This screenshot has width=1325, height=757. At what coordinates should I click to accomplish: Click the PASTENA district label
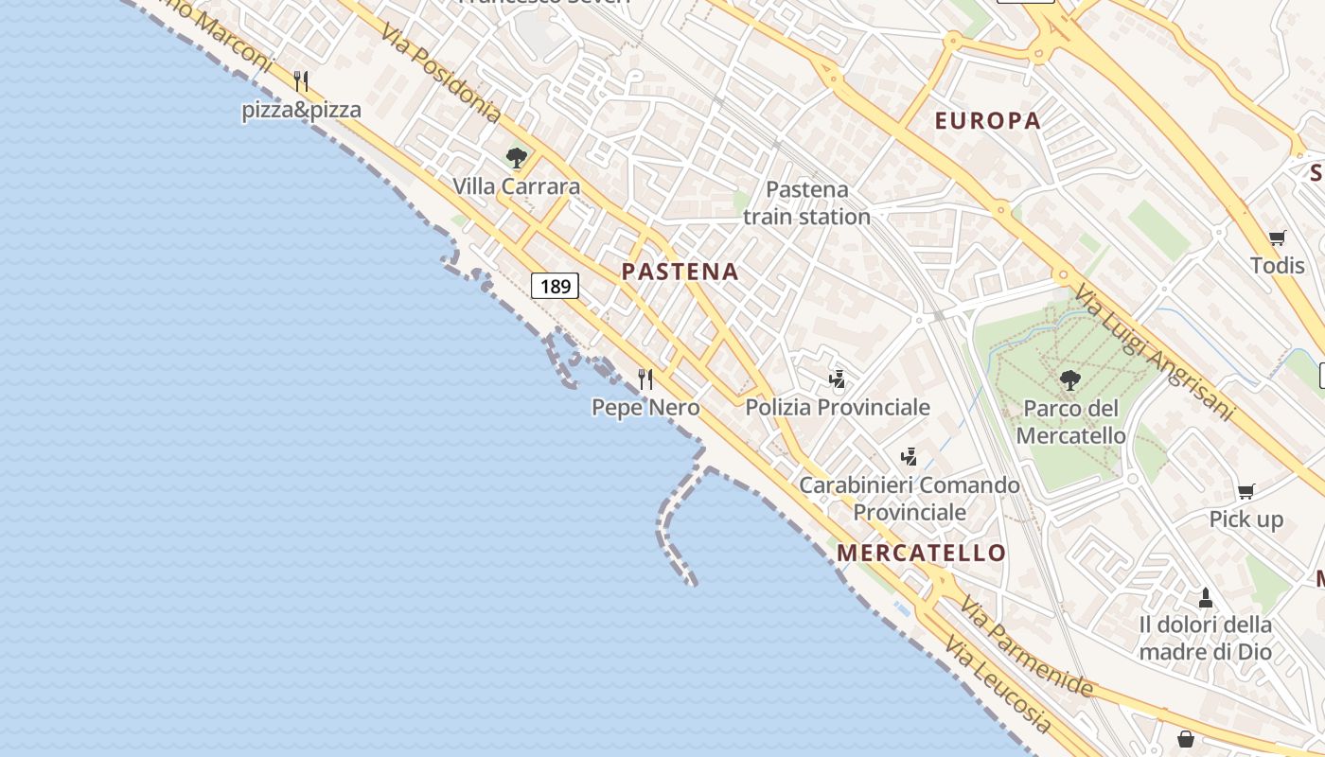coord(680,272)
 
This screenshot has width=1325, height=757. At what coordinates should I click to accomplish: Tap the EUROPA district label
coord(987,120)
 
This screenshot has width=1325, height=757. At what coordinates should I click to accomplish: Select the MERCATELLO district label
coord(922,553)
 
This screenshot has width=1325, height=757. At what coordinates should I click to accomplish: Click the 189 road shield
coord(555,285)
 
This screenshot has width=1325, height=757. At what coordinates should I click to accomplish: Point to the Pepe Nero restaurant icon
coord(645,379)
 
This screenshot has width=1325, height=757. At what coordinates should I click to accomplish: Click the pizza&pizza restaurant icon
coord(301,81)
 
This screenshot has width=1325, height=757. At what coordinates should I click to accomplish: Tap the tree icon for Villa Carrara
coord(516,158)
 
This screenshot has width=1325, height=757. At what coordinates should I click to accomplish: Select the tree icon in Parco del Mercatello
coord(1070,380)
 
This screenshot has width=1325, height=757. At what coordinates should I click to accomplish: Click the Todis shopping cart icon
coord(1277,238)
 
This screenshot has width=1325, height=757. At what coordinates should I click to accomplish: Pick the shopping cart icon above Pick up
coord(1246,491)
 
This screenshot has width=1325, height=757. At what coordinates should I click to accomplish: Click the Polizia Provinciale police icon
coord(837,380)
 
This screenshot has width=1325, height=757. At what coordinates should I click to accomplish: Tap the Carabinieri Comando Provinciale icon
coord(909,458)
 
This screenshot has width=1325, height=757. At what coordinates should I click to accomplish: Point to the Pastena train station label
coord(806,203)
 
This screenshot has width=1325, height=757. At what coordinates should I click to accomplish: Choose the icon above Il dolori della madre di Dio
coord(1205,598)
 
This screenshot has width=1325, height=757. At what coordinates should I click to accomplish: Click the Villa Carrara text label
coord(516,186)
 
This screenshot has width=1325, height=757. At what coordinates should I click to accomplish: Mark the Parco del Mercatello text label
coord(1070,422)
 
